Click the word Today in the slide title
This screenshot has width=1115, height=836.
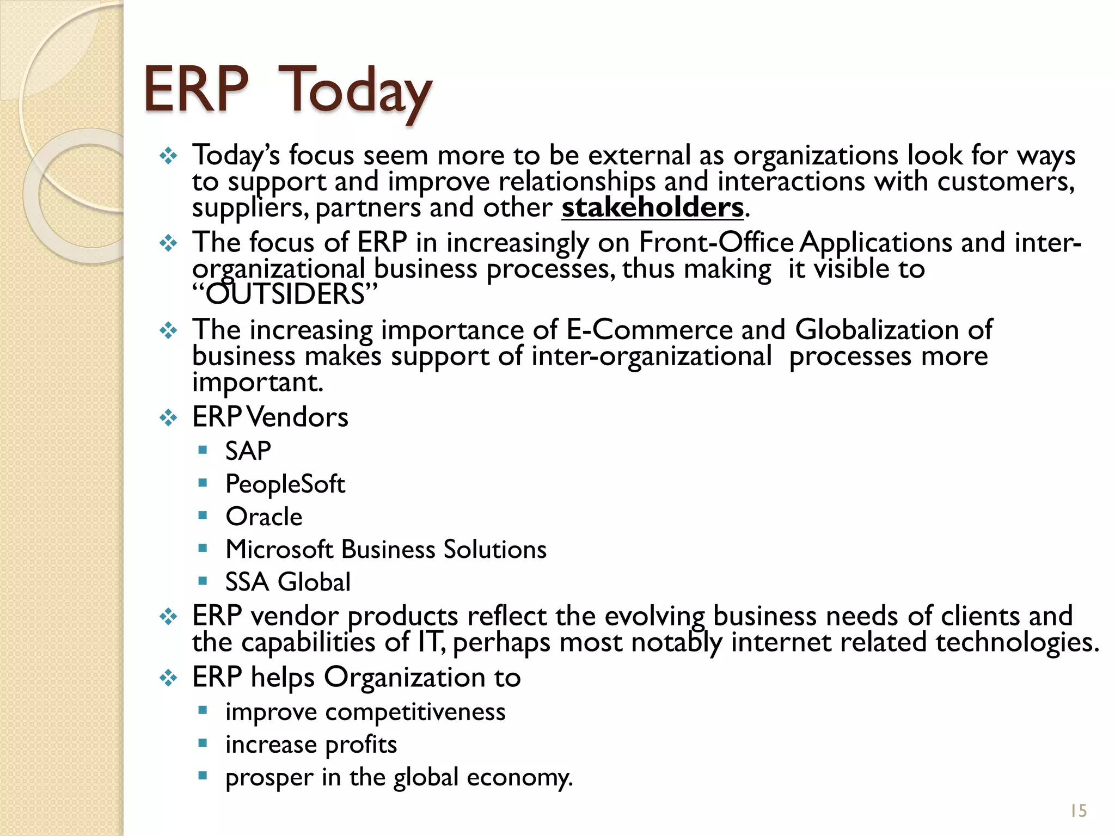(357, 90)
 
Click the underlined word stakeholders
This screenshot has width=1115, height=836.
(652, 207)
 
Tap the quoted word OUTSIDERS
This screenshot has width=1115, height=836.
(285, 294)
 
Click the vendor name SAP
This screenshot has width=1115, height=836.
(248, 451)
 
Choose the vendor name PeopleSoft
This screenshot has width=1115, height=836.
(285, 484)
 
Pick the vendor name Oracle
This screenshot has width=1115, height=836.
(264, 517)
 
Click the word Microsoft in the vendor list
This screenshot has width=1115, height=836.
(279, 549)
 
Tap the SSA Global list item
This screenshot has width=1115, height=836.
(288, 582)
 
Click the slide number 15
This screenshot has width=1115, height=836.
(1078, 811)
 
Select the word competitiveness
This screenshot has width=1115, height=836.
(415, 712)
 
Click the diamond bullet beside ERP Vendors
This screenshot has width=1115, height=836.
(168, 418)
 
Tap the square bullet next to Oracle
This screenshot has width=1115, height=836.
(203, 515)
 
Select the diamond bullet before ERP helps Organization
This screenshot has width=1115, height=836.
(168, 678)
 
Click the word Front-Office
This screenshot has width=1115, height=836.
(716, 242)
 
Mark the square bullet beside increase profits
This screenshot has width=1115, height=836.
(203, 743)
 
